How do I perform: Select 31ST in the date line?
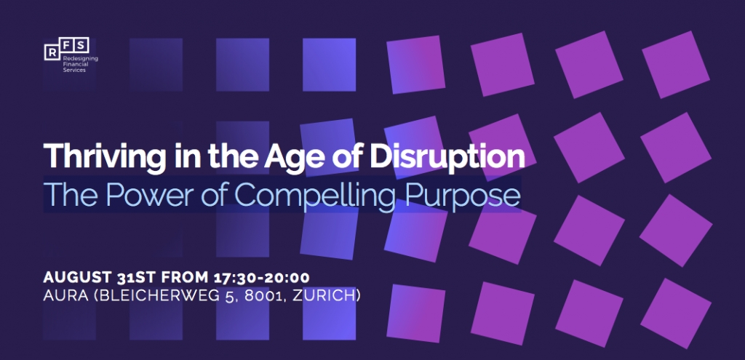pos(136,278)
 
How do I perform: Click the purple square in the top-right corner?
pos(676,64)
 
